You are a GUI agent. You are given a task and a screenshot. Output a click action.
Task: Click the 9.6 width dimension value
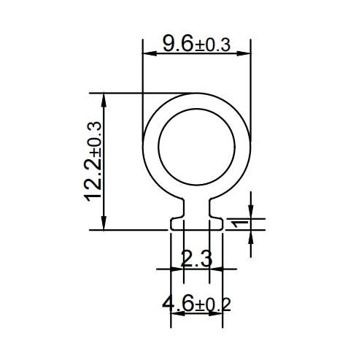[178, 43]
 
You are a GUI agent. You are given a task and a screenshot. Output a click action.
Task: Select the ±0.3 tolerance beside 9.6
[213, 45]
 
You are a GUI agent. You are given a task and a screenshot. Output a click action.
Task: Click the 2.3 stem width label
[196, 258]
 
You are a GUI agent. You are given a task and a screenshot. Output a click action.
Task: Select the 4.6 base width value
[178, 303]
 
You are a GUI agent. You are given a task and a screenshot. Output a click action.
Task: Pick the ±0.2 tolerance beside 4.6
[213, 305]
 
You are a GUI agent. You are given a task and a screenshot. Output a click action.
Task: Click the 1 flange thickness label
[240, 223]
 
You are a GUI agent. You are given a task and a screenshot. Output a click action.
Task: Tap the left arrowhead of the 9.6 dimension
[149, 53]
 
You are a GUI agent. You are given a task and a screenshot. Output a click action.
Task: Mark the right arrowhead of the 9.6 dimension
[244, 53]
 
